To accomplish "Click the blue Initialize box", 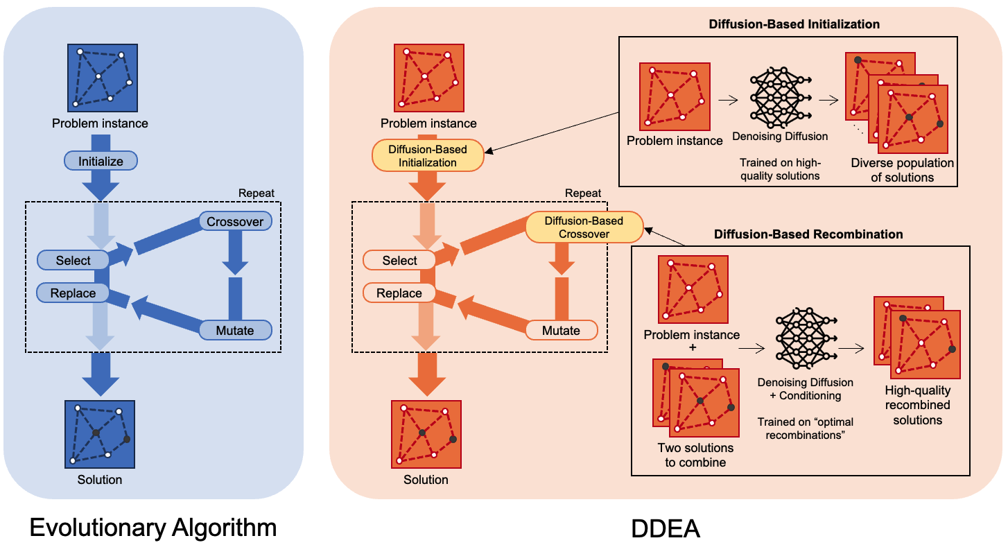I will (101, 162).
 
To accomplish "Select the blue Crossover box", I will (235, 222).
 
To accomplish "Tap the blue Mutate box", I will (235, 330).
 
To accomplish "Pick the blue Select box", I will (73, 261).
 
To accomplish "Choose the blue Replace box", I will (73, 293).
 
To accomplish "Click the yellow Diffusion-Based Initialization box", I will (428, 156).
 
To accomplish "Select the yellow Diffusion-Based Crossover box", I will (584, 227).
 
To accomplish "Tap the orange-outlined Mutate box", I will (561, 330).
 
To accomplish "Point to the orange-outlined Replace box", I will (399, 293).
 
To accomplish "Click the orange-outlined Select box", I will (399, 261).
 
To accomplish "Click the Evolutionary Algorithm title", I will (153, 528).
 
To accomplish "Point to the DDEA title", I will (666, 529).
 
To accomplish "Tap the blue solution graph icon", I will (100, 434).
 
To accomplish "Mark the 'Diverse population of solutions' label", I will (903, 170).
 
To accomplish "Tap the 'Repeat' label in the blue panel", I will (256, 193).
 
